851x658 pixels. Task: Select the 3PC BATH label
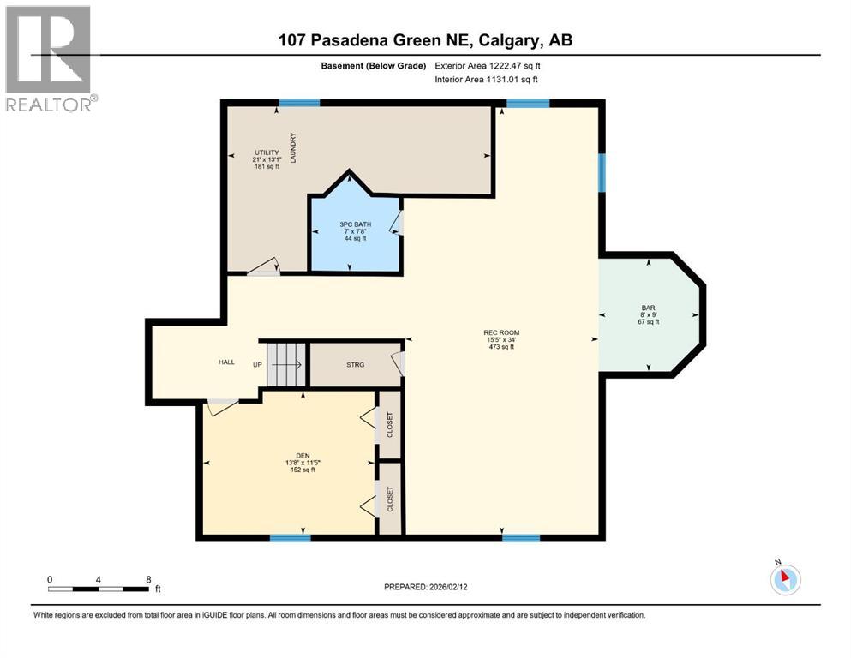(x=354, y=224)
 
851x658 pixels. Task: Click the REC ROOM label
(x=502, y=332)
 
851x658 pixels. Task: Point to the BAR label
(x=648, y=308)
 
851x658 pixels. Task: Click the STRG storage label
(x=355, y=365)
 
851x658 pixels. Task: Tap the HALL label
(x=226, y=362)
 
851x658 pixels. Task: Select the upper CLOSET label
(x=390, y=424)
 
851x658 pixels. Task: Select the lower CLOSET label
(x=390, y=499)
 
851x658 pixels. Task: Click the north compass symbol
(x=784, y=579)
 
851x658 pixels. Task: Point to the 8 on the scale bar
(x=148, y=579)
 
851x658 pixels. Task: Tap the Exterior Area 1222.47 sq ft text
(x=488, y=66)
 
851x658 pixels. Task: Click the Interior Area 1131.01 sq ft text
(x=487, y=80)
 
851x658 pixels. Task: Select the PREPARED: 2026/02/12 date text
(x=425, y=587)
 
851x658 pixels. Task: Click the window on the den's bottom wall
(x=290, y=538)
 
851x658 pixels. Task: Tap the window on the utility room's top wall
(x=299, y=103)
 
